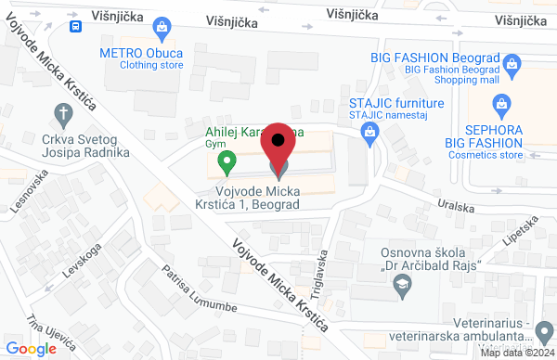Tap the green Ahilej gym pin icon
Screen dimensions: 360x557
[x=225, y=163]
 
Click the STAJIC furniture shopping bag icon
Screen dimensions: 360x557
[x=369, y=135]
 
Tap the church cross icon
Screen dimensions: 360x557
[x=63, y=115]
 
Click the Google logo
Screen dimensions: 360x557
[x=36, y=348]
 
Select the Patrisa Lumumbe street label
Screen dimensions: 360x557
[x=198, y=289]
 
